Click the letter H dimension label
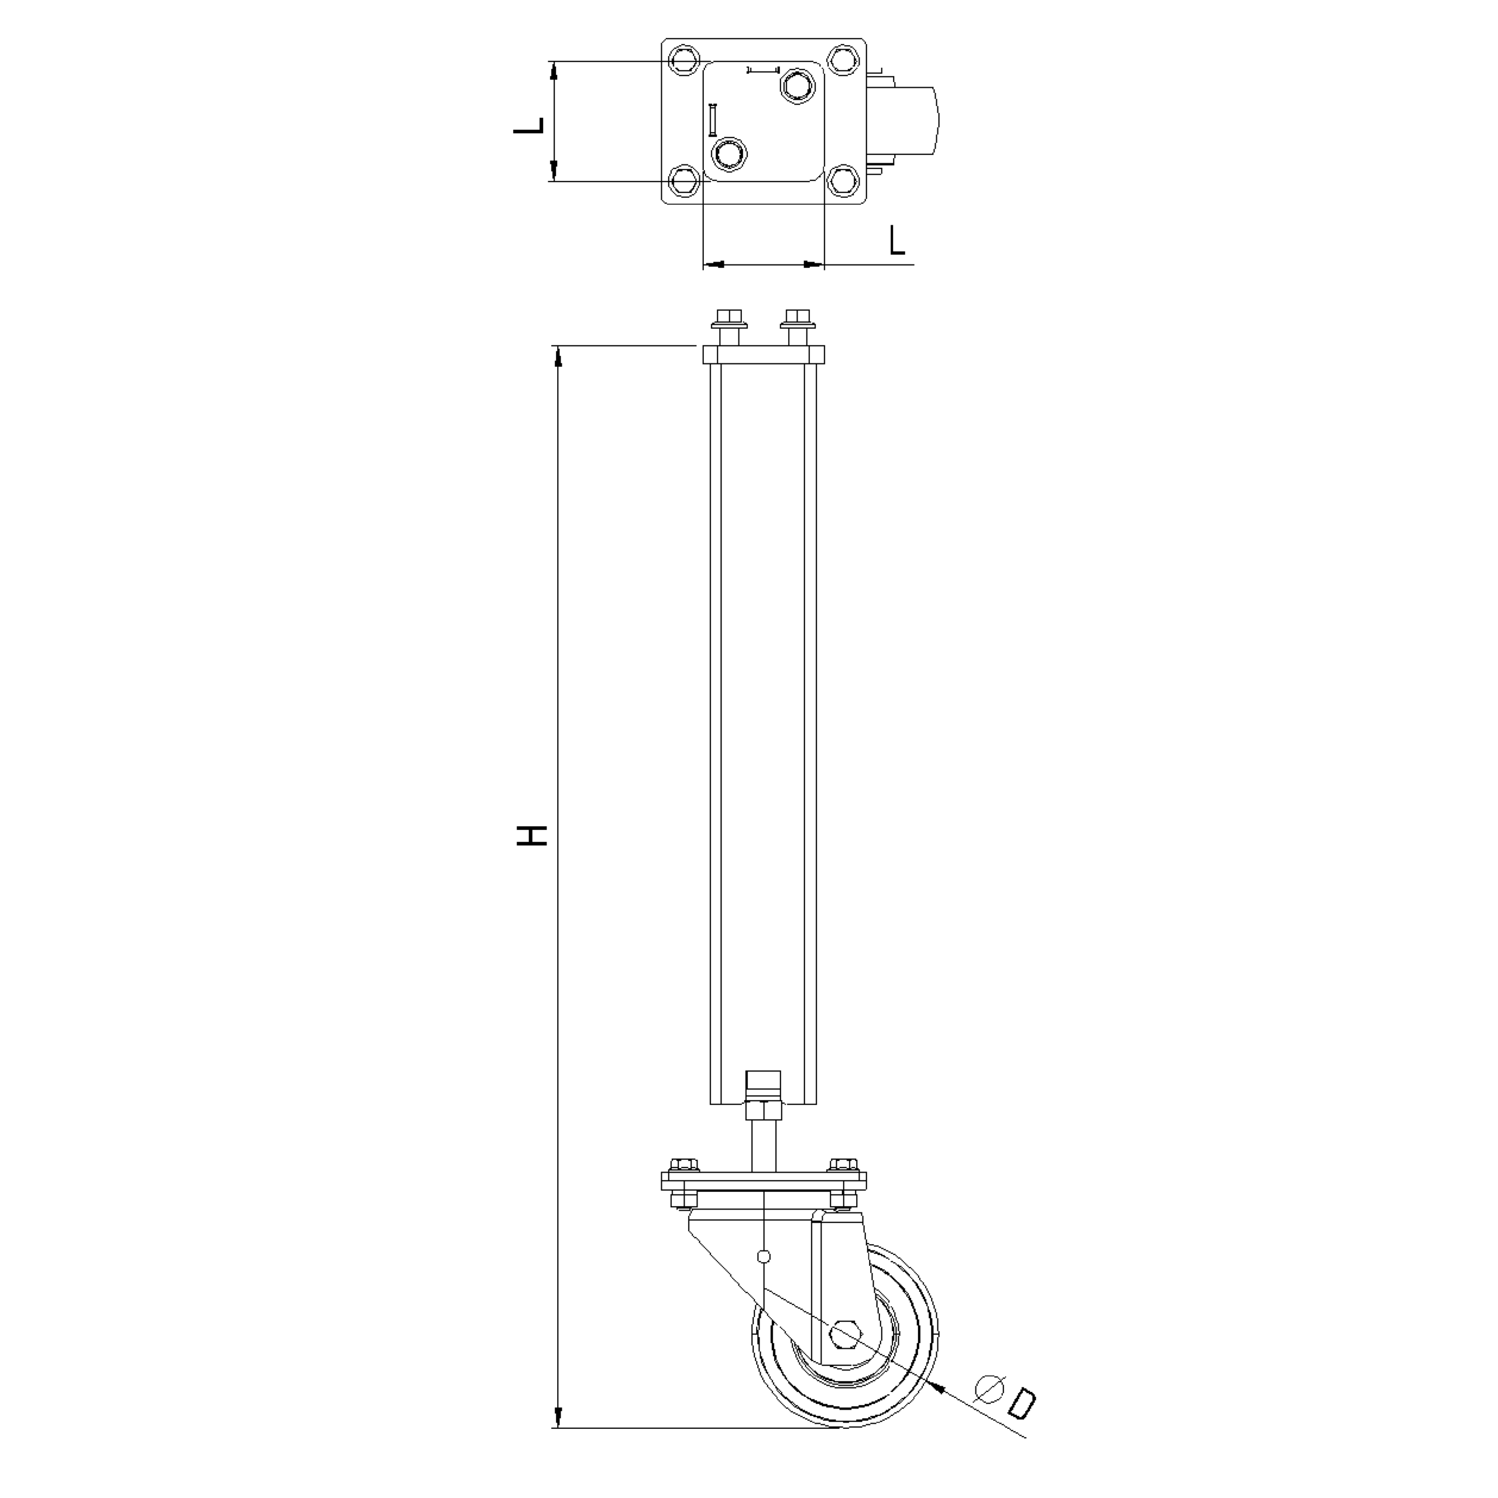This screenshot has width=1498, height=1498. (x=532, y=835)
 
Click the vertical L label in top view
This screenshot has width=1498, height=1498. (x=530, y=126)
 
